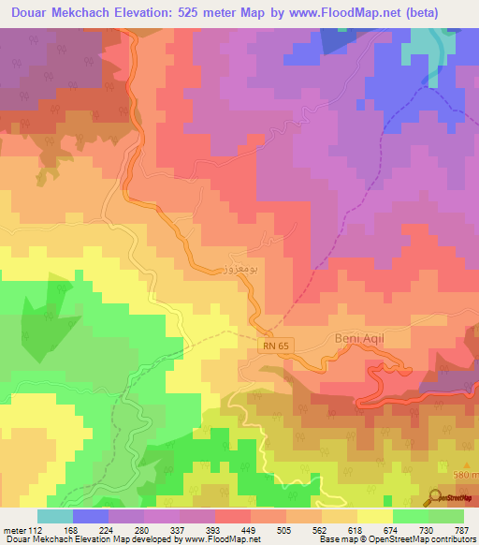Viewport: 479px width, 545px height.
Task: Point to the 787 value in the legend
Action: click(461, 529)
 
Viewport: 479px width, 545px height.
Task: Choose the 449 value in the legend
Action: click(249, 529)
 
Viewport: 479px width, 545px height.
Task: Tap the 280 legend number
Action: click(142, 529)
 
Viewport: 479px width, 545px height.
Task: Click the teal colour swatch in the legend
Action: click(55, 516)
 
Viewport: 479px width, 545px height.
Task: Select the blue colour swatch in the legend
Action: click(91, 516)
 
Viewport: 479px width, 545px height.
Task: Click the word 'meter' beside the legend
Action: click(14, 529)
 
